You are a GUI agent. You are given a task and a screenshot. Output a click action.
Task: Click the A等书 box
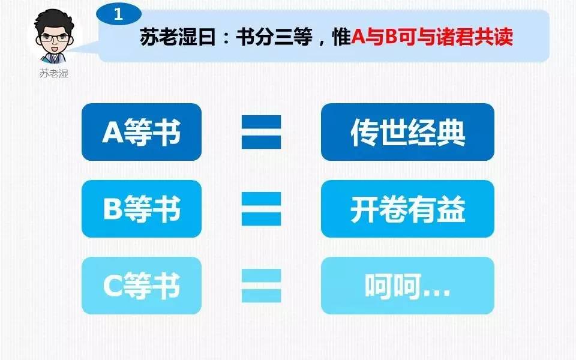[142, 132]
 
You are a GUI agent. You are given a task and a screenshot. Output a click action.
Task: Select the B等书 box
[142, 209]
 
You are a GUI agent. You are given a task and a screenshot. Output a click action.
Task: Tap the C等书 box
[142, 286]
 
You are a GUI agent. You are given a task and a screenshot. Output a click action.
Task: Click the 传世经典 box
[407, 132]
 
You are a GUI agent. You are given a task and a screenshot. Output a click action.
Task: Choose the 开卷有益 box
[407, 209]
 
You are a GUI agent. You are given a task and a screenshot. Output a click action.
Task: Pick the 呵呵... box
[407, 286]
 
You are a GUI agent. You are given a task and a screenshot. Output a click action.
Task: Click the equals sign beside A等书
[261, 132]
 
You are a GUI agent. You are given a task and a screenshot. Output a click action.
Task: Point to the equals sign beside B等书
[261, 209]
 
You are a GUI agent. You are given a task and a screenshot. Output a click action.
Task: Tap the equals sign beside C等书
[261, 286]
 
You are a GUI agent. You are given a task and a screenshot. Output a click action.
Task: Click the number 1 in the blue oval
[118, 14]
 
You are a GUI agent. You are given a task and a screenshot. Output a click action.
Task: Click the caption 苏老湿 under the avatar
[54, 73]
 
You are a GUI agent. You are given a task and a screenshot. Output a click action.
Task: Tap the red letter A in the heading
[358, 37]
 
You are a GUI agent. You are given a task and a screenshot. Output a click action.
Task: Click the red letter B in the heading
[392, 37]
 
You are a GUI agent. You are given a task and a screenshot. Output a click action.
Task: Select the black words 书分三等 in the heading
[274, 37]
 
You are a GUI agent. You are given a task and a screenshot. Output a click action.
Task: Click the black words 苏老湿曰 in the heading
[178, 37]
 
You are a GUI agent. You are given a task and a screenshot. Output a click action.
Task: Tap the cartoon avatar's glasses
[54, 37]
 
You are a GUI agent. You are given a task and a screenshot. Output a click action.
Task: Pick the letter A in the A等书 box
[112, 132]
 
